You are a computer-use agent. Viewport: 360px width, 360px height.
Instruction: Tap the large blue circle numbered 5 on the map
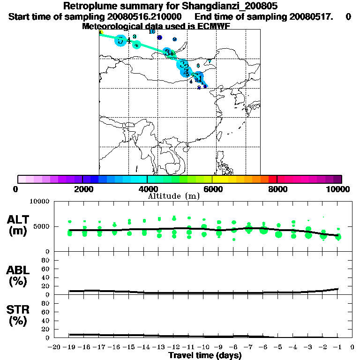[x=121, y=40]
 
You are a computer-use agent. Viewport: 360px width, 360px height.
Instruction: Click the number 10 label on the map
[x=151, y=32]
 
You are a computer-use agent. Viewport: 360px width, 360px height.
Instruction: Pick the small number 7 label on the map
[x=210, y=61]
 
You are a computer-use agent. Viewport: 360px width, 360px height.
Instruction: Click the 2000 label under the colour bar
[x=82, y=189]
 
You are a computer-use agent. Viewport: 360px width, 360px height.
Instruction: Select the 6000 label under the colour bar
[x=212, y=189]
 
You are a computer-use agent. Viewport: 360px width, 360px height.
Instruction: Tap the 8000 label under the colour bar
[x=277, y=189]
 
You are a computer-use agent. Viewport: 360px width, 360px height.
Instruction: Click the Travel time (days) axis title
[x=205, y=356]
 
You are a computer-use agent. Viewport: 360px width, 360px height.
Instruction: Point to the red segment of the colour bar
[x=272, y=179]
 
